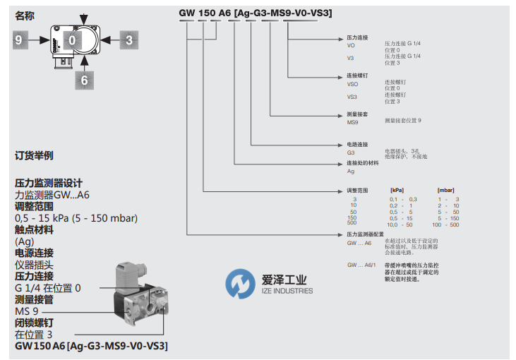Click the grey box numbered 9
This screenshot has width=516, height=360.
pyautogui.click(x=18, y=41)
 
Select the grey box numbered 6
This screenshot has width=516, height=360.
pyautogui.click(x=84, y=80)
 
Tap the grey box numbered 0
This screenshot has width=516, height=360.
pyautogui.click(x=72, y=41)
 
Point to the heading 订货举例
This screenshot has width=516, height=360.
pyautogui.click(x=34, y=155)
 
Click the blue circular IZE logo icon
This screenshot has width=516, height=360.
pyautogui.click(x=240, y=284)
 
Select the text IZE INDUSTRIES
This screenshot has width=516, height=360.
pyautogui.click(x=287, y=291)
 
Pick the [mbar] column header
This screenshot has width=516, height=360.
pyautogui.click(x=446, y=191)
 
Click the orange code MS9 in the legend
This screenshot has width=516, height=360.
pyautogui.click(x=353, y=122)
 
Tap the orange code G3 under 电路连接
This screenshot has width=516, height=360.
pyautogui.click(x=350, y=152)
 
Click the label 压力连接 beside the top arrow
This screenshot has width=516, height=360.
pyautogui.click(x=358, y=36)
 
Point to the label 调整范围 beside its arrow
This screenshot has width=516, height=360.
pyautogui.click(x=358, y=191)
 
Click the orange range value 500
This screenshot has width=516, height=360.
pyautogui.click(x=352, y=224)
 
